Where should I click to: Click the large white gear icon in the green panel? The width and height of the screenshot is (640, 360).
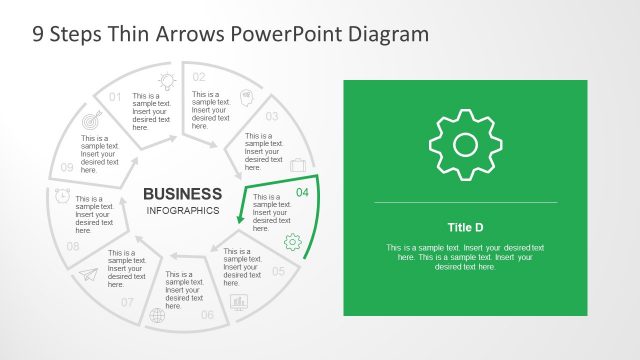(x=465, y=145)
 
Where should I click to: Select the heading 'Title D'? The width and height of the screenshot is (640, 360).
(x=465, y=227)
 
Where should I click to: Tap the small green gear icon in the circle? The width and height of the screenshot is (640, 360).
(x=292, y=241)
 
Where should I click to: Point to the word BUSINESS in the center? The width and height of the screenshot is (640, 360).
(x=183, y=193)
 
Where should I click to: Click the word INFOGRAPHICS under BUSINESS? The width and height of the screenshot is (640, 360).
(x=183, y=211)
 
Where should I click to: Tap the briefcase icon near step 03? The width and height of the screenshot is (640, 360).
(x=297, y=165)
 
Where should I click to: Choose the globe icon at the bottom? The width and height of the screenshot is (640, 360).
(x=156, y=316)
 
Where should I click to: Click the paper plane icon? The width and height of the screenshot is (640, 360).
(x=90, y=275)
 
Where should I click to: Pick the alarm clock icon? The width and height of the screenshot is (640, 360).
(x=63, y=194)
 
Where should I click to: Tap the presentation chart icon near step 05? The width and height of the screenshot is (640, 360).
(x=239, y=301)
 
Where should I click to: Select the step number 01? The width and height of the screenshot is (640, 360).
(x=115, y=97)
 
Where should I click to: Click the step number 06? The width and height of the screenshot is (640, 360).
(x=207, y=315)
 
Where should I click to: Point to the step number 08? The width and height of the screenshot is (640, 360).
(x=73, y=246)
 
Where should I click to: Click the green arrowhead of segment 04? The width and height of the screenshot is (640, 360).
(x=240, y=219)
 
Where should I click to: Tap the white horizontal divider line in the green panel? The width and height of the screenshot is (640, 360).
(x=465, y=203)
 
